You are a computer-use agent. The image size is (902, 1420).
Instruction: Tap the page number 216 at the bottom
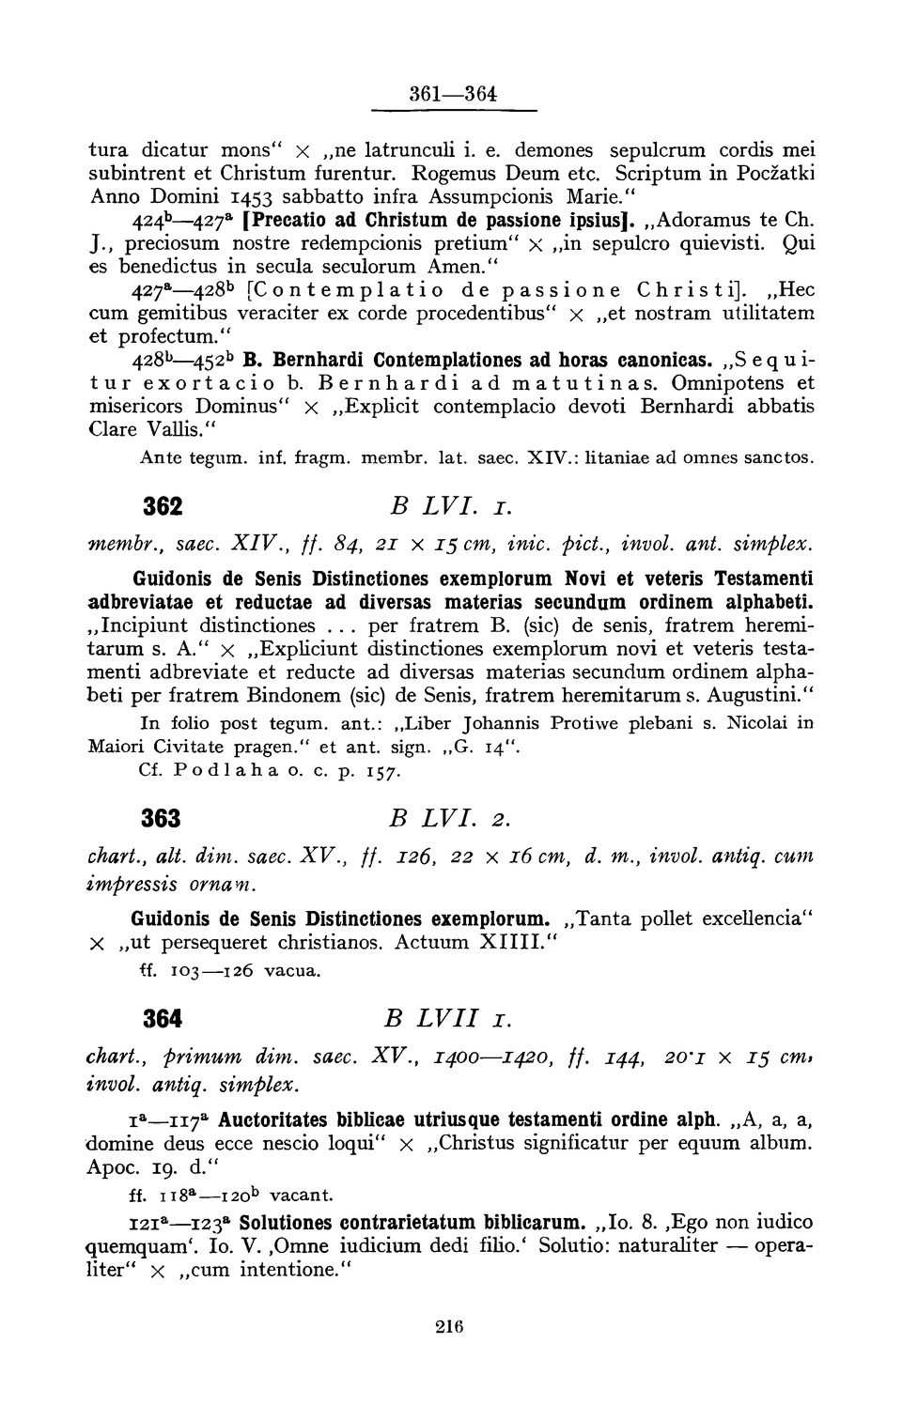(x=451, y=1326)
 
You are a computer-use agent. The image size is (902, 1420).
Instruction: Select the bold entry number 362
(x=162, y=506)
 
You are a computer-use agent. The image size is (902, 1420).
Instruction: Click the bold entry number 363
(x=162, y=818)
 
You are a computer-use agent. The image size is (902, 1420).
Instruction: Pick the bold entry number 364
(x=162, y=1018)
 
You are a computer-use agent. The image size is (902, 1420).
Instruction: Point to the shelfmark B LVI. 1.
(x=434, y=506)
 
